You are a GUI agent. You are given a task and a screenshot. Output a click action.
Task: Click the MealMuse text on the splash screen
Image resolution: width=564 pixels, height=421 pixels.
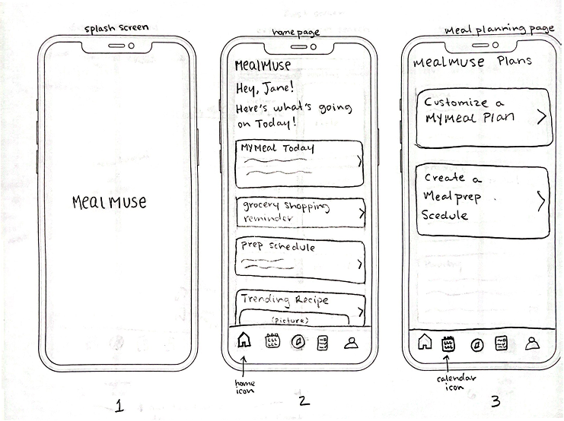click(109, 202)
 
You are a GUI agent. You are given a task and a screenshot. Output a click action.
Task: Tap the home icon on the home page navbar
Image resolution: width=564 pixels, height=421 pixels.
click(243, 341)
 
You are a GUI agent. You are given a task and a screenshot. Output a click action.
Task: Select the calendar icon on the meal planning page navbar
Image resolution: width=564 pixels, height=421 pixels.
click(448, 344)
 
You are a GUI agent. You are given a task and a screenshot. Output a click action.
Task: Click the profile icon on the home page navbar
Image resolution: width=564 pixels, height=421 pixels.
click(350, 343)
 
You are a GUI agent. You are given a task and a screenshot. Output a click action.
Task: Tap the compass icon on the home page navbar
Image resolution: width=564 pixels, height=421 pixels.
click(297, 342)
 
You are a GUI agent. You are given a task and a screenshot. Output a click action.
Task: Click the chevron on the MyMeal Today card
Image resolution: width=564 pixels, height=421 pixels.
click(359, 160)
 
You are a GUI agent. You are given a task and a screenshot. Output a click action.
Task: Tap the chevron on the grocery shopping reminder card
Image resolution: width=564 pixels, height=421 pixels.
click(362, 214)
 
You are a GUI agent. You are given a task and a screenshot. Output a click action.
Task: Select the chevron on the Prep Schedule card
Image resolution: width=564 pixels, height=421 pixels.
click(361, 263)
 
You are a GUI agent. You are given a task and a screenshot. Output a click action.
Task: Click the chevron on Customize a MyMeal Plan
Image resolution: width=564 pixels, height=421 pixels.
click(541, 116)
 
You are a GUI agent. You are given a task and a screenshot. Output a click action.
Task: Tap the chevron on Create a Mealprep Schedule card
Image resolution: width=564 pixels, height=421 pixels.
click(541, 201)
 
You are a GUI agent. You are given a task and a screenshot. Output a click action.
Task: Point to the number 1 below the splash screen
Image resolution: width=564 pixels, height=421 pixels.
click(119, 405)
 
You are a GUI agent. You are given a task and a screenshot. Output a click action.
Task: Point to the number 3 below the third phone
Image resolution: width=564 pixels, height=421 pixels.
click(495, 402)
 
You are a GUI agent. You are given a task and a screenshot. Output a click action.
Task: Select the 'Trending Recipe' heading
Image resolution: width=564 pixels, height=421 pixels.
click(285, 300)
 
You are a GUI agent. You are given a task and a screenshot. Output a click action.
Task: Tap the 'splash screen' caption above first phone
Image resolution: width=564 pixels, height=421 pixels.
click(116, 29)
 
